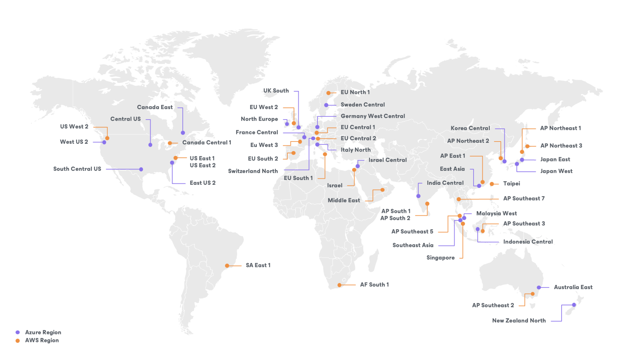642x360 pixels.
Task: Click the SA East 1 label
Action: point(258,265)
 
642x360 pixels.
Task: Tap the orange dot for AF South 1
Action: point(339,285)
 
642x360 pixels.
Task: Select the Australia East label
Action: point(573,287)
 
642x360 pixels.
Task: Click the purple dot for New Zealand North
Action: point(574,305)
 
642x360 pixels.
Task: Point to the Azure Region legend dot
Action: point(18,332)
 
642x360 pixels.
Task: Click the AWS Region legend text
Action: point(42,340)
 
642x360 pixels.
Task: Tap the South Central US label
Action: point(77,169)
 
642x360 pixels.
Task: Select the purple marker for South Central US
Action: point(141,169)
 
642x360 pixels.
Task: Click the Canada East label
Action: point(155,107)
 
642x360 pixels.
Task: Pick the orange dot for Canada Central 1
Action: point(170,143)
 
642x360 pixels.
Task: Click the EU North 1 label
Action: point(355,92)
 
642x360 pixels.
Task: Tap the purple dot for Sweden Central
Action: point(326,105)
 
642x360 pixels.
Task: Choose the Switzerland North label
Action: point(253,171)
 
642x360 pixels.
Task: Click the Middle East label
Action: point(344,200)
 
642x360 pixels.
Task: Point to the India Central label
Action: point(445,183)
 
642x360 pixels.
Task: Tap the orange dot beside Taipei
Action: point(492,184)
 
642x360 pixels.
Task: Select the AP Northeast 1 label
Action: point(560,128)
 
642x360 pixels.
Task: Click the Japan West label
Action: point(556,171)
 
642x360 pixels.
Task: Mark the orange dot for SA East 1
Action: point(227,266)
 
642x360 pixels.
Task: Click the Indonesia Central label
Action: point(528,242)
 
